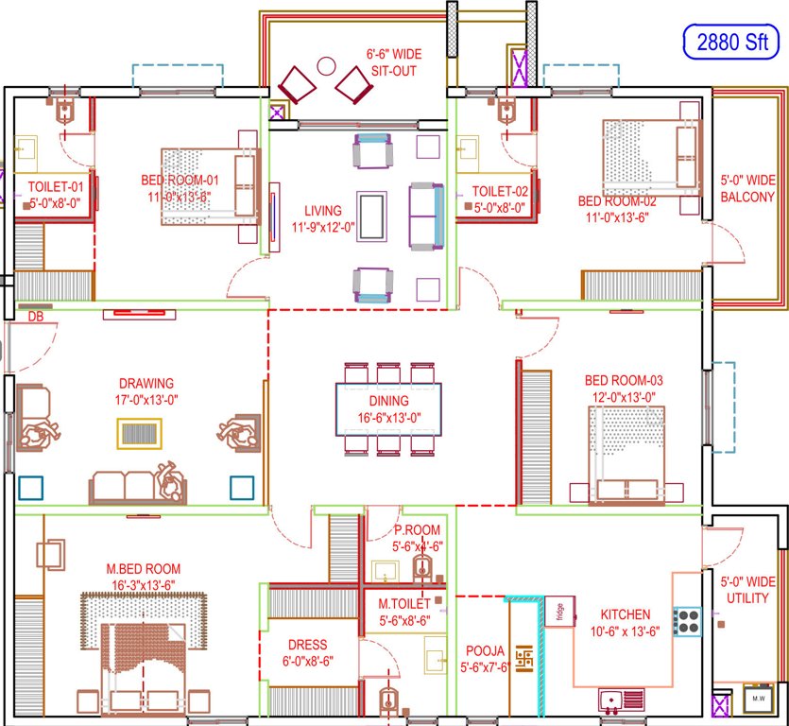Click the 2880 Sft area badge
[731, 43]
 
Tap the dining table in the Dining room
[388, 408]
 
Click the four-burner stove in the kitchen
[686, 621]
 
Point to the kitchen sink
[624, 701]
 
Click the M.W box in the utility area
[758, 699]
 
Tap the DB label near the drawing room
[36, 316]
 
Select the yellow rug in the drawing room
[138, 432]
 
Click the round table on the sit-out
[326, 66]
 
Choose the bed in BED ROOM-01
[209, 185]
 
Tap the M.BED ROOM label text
[143, 568]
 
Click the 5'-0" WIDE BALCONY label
[747, 188]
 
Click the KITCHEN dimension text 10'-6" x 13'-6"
[624, 631]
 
